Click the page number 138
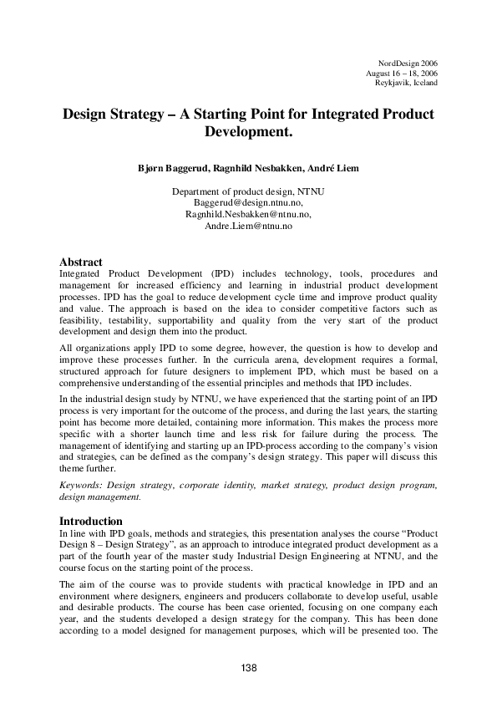coord(248,667)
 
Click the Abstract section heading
coord(82,262)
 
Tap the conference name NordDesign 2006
coord(408,64)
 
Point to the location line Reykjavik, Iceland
coord(406,83)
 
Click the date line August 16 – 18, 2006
coord(402,74)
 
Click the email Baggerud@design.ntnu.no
coord(248,202)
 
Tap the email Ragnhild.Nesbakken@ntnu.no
coord(248,214)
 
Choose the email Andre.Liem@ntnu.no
coord(248,226)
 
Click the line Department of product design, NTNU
coord(248,191)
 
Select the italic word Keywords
coord(83,486)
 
